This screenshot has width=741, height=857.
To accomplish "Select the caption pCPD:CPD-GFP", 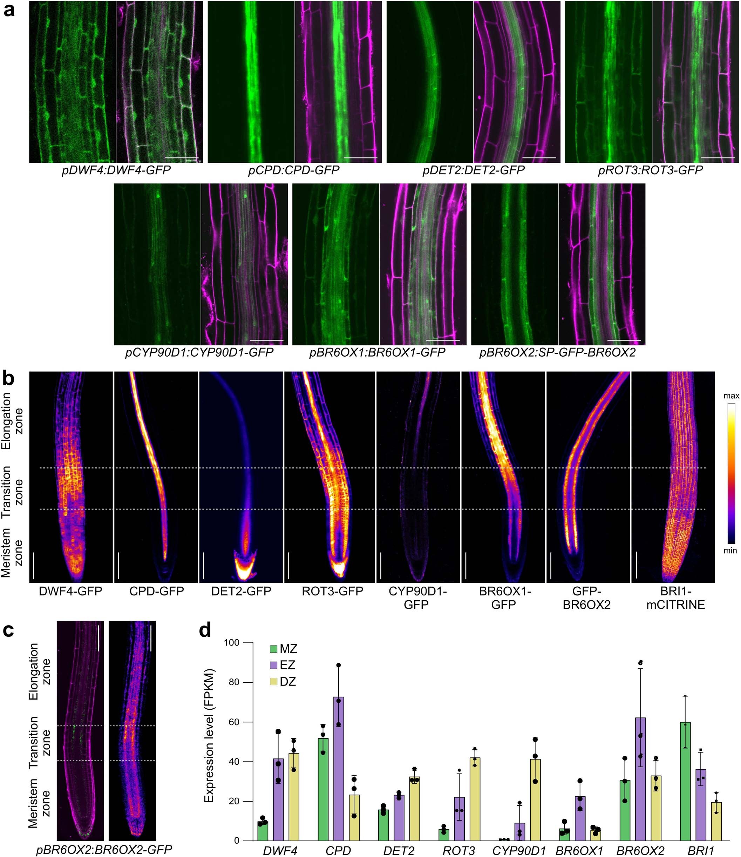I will [294, 170].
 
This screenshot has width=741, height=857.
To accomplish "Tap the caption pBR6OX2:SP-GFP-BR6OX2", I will [557, 353].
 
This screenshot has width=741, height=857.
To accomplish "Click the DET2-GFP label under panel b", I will [241, 591].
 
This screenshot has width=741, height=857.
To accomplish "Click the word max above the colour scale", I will [731, 396].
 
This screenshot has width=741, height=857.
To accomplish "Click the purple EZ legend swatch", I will [273, 665].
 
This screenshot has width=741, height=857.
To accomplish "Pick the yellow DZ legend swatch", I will [273, 682].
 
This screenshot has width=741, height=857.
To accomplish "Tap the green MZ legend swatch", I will [273, 649].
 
